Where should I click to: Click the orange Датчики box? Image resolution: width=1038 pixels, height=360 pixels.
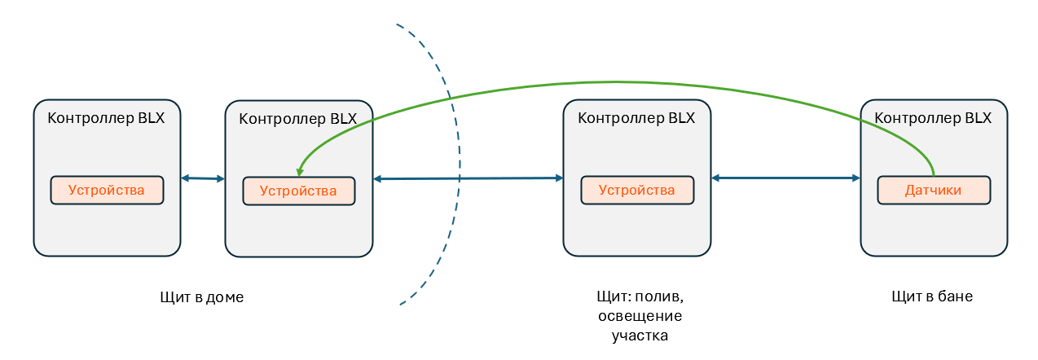tap(934, 191)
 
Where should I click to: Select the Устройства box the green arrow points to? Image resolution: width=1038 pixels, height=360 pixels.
tap(298, 191)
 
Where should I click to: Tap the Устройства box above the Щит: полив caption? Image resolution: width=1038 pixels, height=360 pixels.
tap(636, 191)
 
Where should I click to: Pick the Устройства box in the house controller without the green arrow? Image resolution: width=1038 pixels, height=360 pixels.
tap(107, 191)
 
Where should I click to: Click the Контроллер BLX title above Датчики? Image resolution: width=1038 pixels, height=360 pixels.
tap(933, 117)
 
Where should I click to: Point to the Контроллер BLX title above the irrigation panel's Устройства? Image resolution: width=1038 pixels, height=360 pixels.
tap(636, 117)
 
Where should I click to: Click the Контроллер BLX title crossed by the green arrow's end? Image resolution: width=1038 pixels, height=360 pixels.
tap(298, 118)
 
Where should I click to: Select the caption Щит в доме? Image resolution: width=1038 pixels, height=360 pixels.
tap(202, 297)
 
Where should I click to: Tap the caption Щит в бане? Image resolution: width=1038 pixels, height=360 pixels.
tap(932, 296)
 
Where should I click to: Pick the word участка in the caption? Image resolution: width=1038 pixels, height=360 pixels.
tap(640, 336)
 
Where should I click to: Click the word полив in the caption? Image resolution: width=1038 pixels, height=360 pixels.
tap(663, 296)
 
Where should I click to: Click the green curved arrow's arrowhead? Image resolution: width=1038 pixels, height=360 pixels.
tap(300, 172)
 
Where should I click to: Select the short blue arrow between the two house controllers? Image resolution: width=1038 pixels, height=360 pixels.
tap(202, 178)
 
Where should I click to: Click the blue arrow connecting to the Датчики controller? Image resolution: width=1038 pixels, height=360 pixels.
tap(785, 178)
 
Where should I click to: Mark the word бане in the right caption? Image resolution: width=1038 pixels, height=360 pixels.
tap(955, 296)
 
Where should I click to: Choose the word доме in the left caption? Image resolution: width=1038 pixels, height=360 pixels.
tap(226, 297)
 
